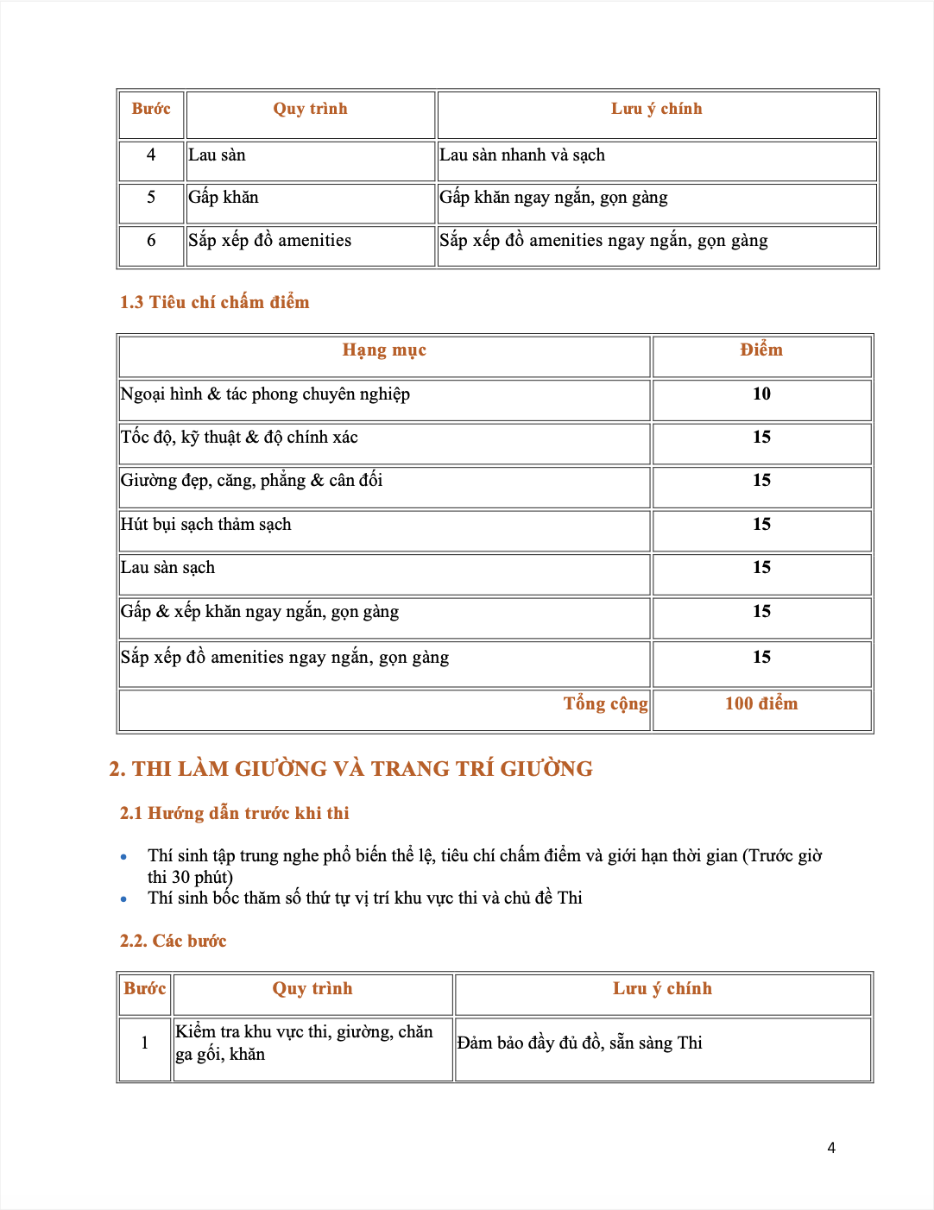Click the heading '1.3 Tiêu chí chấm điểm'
tap(214, 302)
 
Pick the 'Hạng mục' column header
tap(384, 350)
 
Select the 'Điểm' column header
tap(761, 350)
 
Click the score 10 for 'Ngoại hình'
tap(761, 394)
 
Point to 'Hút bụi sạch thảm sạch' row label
tap(206, 525)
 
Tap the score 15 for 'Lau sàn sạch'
tap(761, 568)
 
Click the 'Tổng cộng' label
tap(605, 704)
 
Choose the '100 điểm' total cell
tap(761, 704)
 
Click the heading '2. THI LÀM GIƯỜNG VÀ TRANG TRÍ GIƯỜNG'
tap(350, 769)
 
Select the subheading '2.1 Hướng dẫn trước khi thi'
tap(235, 813)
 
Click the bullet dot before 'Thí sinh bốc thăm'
tap(124, 899)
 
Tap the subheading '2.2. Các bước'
tap(173, 941)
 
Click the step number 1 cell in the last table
tap(144, 1043)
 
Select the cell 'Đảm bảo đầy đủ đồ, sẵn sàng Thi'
tap(579, 1043)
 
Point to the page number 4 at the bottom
tap(831, 1148)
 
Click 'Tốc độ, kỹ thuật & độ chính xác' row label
tap(239, 438)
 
